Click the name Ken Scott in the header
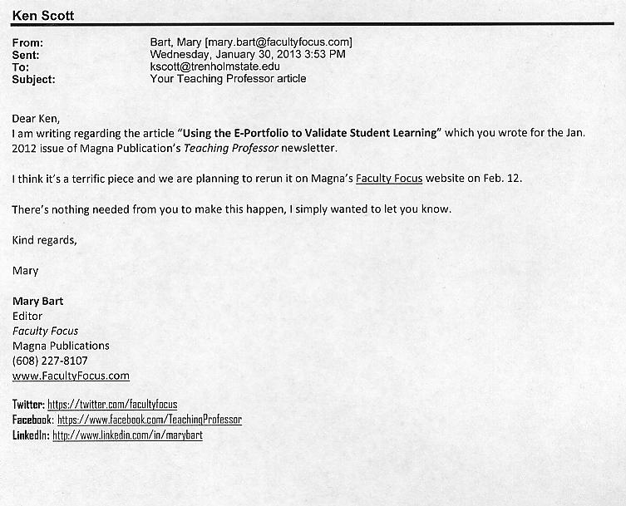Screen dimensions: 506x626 click(42, 16)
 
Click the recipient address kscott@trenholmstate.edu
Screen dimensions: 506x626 click(214, 66)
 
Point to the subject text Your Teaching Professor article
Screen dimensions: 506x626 click(228, 79)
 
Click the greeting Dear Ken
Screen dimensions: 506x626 click(36, 118)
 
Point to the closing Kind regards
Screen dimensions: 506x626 click(44, 240)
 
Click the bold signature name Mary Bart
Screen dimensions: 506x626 click(37, 301)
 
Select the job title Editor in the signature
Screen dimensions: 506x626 click(27, 316)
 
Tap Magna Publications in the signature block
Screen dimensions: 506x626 click(61, 346)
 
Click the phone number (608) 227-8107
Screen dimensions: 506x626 click(50, 361)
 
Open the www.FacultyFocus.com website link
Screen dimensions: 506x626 click(71, 376)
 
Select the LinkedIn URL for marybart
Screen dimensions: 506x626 click(127, 435)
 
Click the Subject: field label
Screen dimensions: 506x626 click(34, 79)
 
